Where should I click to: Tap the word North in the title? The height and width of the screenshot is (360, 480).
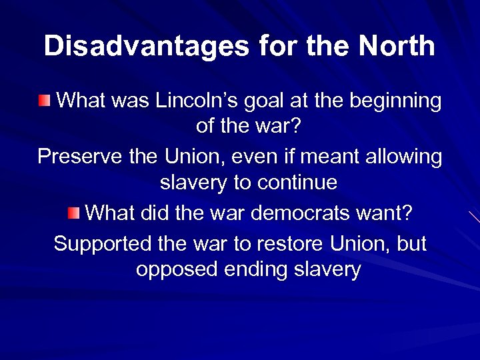pyautogui.click(x=397, y=46)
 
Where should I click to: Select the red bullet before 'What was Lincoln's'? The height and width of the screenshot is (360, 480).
pyautogui.click(x=43, y=101)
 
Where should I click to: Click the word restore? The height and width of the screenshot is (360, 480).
pyautogui.click(x=287, y=243)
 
